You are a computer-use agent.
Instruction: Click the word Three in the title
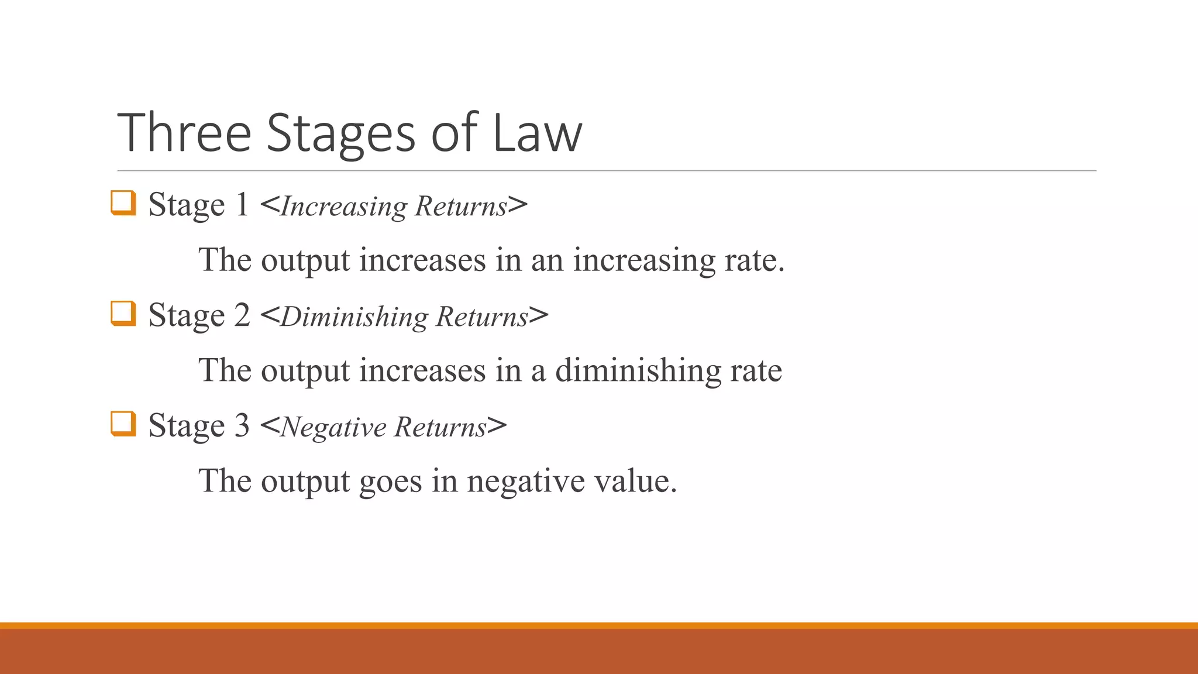[184, 133]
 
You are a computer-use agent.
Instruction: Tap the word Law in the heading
[537, 133]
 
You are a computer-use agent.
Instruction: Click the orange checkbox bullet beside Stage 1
[123, 203]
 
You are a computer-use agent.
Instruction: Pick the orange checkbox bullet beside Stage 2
[123, 314]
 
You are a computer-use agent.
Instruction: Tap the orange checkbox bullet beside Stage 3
[123, 424]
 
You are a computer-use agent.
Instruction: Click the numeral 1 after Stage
[242, 205]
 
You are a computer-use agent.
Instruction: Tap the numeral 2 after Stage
[242, 315]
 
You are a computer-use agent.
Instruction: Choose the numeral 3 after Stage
[242, 426]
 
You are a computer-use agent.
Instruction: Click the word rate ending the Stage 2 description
[756, 371]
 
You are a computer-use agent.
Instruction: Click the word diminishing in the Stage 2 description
[638, 371]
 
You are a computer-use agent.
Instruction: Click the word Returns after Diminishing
[482, 317]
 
